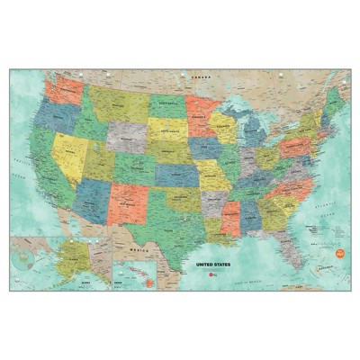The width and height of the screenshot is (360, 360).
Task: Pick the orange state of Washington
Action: pos(63,92)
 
